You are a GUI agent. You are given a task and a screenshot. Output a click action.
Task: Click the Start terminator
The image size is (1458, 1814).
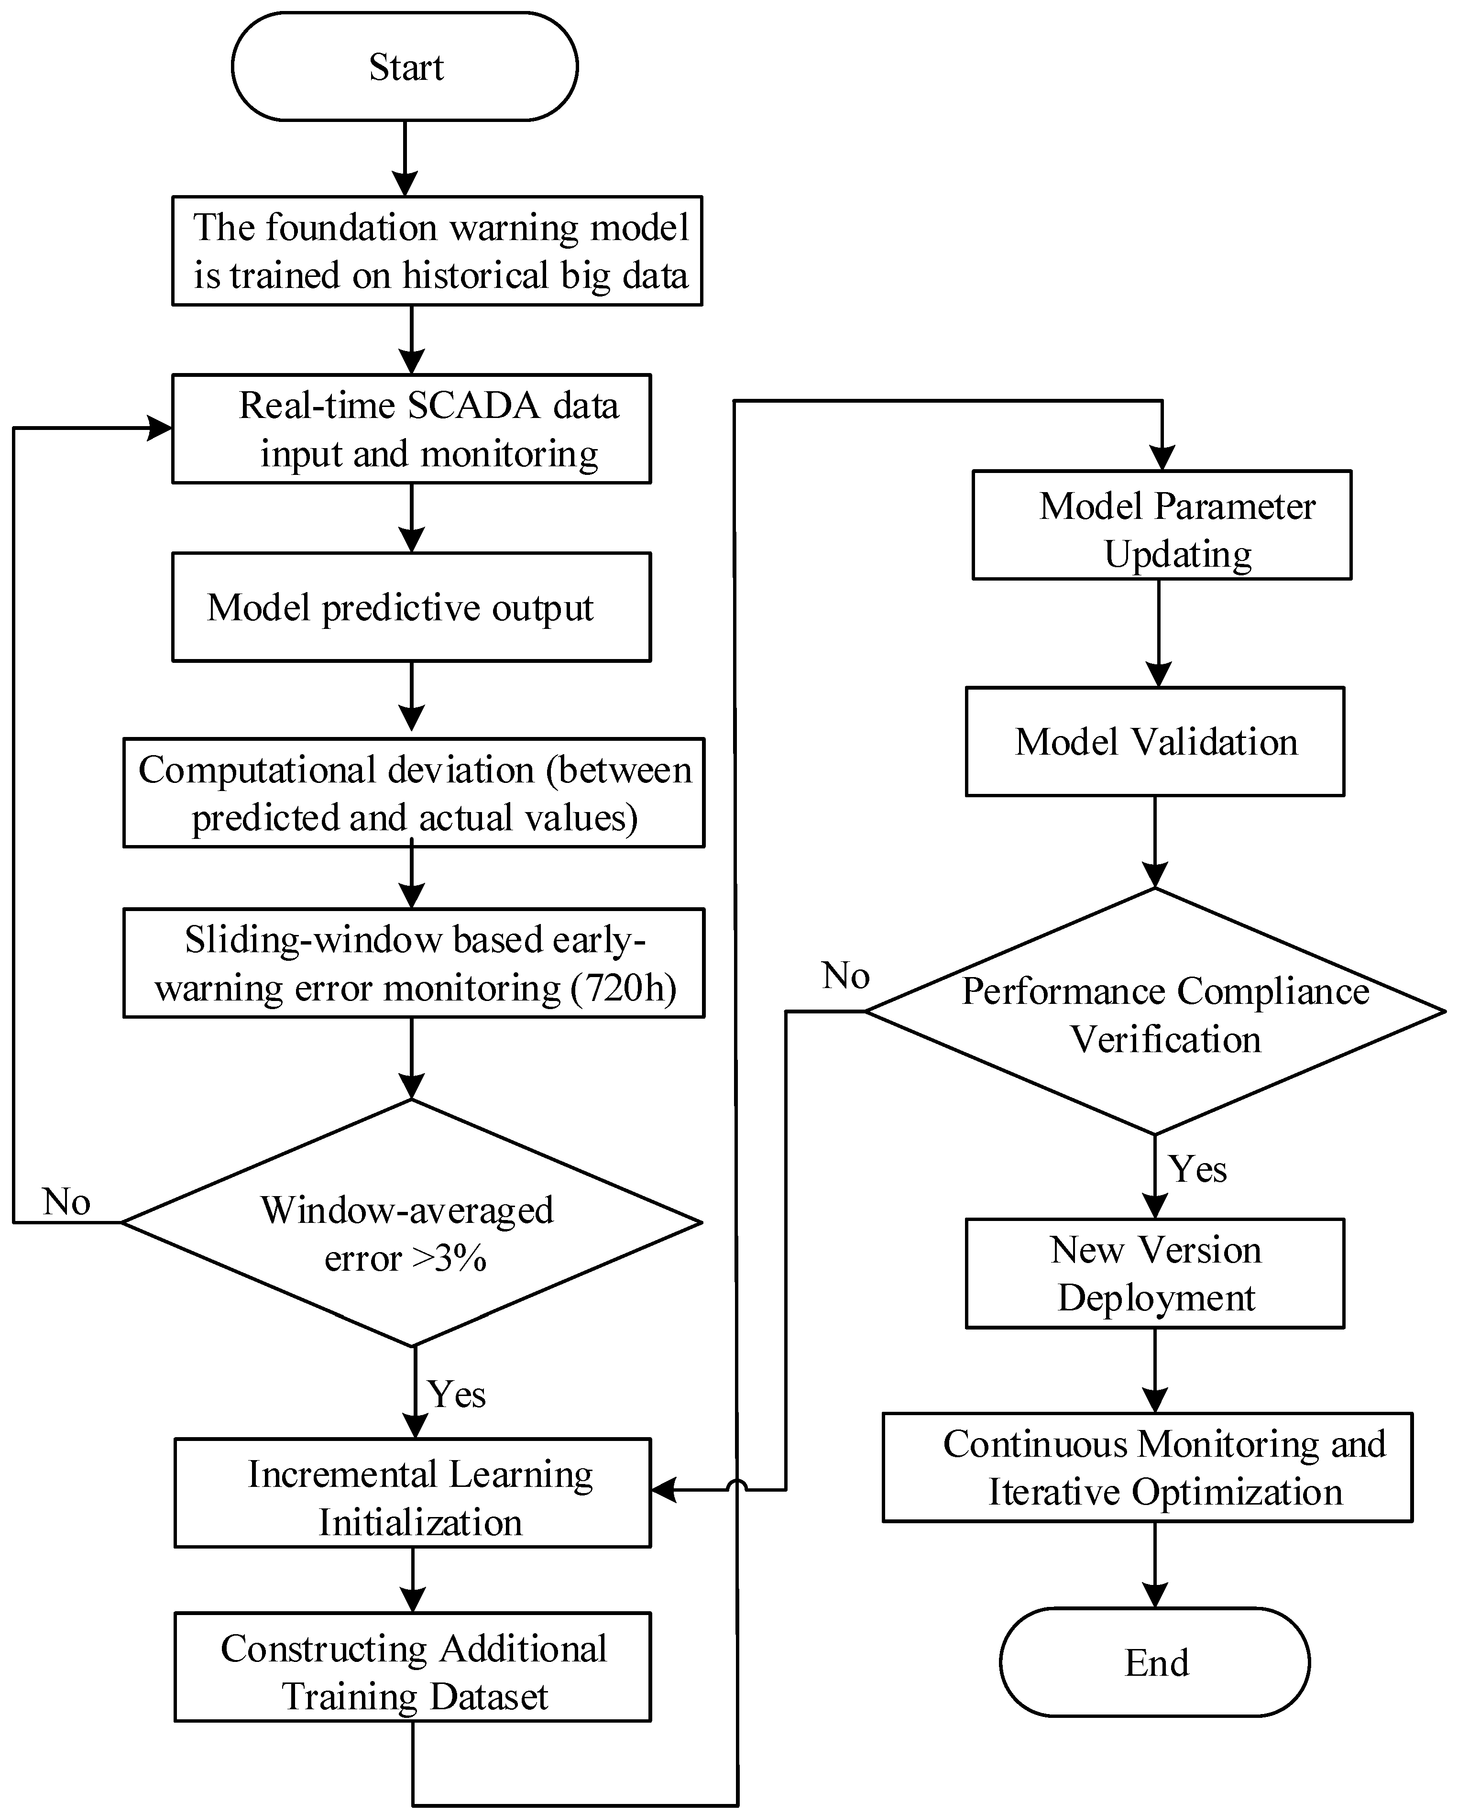[405, 66]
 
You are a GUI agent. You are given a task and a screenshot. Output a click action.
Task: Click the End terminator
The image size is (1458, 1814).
[1155, 1662]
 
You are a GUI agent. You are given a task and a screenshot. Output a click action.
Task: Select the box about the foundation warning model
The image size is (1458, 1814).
[438, 251]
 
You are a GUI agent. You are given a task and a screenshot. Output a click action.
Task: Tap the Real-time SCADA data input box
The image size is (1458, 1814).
[411, 429]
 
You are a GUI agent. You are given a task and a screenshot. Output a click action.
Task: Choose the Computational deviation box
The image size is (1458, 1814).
[414, 792]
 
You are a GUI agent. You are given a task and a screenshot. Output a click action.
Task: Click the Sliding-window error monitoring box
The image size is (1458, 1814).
[414, 963]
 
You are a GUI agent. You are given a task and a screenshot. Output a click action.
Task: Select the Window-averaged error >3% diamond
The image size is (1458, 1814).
[411, 1222]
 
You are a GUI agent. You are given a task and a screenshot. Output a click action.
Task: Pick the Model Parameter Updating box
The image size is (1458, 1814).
[1162, 525]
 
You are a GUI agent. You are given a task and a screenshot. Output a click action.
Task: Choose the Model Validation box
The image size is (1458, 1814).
[1155, 741]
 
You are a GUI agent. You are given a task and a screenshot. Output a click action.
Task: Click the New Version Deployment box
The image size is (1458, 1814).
[1155, 1273]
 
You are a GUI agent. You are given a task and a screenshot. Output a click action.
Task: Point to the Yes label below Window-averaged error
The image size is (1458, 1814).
[457, 1394]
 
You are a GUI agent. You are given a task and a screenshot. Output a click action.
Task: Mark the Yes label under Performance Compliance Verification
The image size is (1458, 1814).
[1197, 1169]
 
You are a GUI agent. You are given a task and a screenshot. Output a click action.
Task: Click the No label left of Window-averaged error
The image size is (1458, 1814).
[66, 1201]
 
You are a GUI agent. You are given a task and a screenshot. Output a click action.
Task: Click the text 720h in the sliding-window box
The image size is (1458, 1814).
[624, 988]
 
